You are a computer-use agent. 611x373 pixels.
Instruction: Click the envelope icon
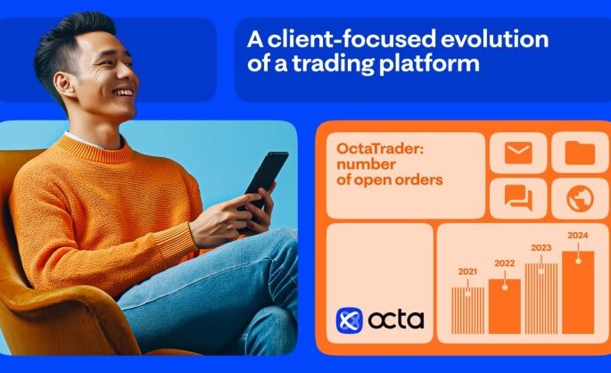point(518,153)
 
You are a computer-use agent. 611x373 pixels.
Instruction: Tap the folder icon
point(580,153)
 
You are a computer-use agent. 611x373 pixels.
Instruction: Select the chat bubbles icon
point(518,198)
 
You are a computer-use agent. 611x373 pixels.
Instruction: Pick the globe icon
point(580,198)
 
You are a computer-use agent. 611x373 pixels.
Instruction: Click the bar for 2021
point(467,309)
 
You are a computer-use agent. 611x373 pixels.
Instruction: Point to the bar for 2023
point(541,297)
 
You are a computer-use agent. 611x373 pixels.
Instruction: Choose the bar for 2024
point(577,291)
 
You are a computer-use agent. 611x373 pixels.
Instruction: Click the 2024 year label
point(577,236)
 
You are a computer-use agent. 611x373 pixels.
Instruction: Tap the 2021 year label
point(467,271)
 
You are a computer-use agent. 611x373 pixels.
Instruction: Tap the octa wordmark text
point(393,319)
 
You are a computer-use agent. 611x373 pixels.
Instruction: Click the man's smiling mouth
point(125,91)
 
